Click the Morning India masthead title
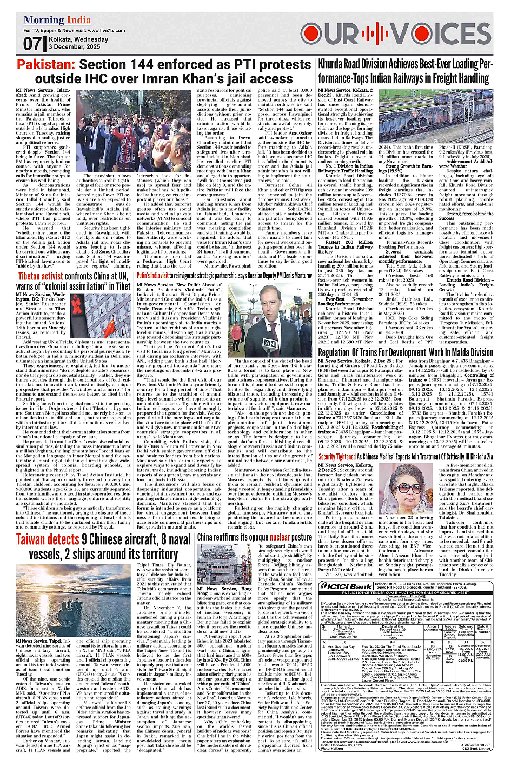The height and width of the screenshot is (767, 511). (57, 21)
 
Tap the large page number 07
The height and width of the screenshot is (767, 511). (32, 44)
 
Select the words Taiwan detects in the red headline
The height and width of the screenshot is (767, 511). (48, 539)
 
